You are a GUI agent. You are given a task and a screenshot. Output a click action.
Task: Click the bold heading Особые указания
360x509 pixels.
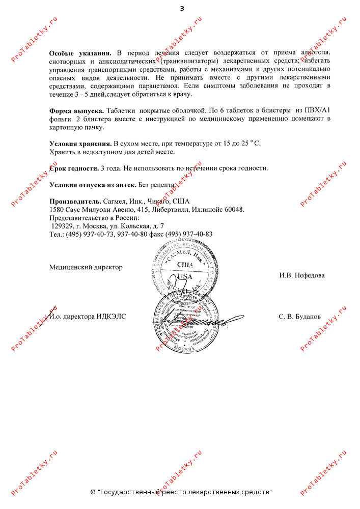pos(80,53)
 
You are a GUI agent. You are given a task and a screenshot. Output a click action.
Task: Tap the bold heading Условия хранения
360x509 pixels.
pos(80,144)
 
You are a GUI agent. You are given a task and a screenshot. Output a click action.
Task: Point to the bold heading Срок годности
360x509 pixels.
pos(74,168)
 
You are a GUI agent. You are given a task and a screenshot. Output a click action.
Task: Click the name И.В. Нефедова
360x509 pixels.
pos(301,275)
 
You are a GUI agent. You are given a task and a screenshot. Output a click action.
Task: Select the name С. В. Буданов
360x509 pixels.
pos(299,316)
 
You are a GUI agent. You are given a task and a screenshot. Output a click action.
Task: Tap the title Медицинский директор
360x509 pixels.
pos(86,267)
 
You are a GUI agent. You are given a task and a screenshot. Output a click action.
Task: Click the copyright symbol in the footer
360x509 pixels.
pos(92,492)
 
